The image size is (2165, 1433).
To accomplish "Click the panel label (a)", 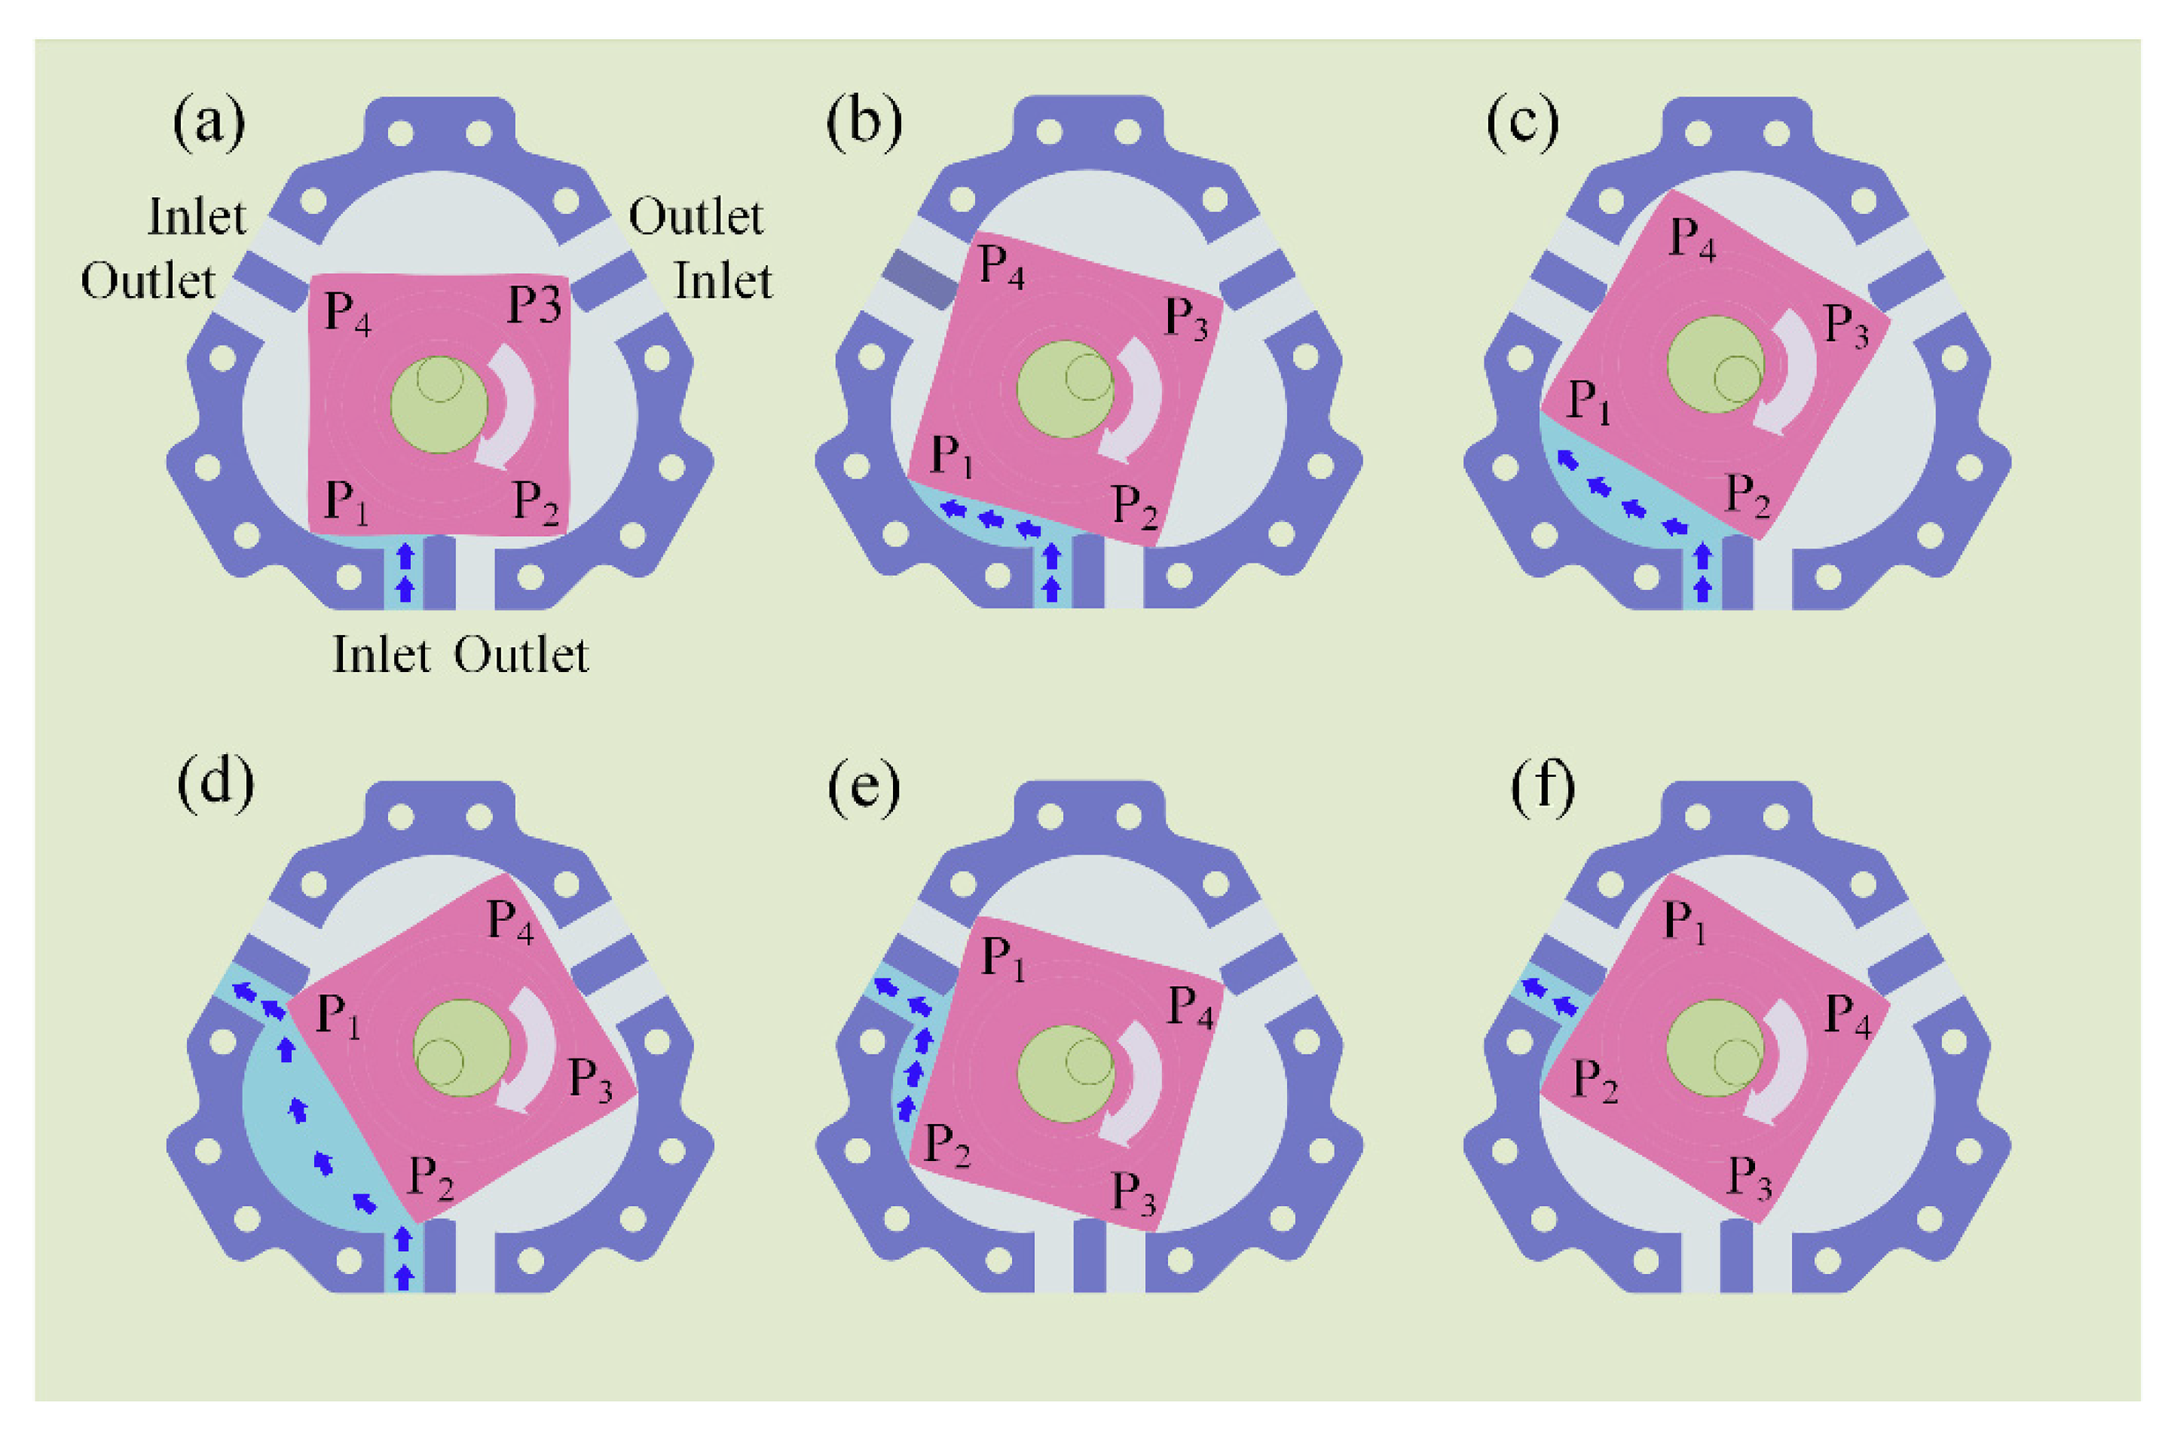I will pos(209,123).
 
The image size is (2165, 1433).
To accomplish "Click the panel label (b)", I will pos(864,123).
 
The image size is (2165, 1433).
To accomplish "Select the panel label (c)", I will pos(1522,123).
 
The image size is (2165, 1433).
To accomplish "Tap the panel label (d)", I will pos(216,784).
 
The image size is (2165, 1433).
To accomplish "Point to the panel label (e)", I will pos(864,784).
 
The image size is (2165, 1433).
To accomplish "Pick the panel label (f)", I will pos(1543,784).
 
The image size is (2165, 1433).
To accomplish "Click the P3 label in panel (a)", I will pos(534,304).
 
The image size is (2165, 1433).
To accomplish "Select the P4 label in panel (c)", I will pos(1693,240).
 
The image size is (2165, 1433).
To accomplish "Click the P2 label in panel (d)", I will pos(430,1177).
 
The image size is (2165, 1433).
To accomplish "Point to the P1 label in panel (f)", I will pos(1684,921).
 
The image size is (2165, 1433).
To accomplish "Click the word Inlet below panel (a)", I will pos(381,655).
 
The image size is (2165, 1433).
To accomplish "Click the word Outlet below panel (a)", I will pos(521,655).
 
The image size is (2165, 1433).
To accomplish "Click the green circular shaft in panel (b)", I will pos(1065,390).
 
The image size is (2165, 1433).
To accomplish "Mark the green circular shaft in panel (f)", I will pos(1714,1047).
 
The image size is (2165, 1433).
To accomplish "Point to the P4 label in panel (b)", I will pos(1001,266).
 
